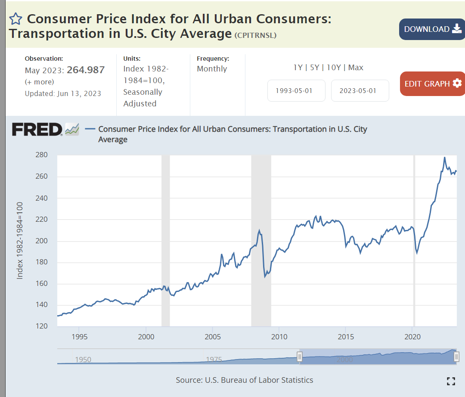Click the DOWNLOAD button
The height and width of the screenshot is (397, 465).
tap(432, 29)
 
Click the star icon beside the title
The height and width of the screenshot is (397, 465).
tap(15, 19)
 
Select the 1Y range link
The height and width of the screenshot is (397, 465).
tap(298, 68)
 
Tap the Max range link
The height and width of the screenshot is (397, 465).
tap(356, 68)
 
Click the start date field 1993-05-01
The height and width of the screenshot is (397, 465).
tap(296, 91)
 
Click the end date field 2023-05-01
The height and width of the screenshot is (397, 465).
tap(360, 91)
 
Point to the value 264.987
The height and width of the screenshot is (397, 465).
tap(86, 70)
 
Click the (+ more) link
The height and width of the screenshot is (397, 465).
tap(40, 82)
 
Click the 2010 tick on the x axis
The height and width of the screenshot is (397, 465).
tap(279, 336)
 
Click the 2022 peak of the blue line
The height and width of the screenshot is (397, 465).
tap(444, 157)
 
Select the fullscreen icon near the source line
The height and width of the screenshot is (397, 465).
tap(451, 381)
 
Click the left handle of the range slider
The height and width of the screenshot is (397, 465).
tap(300, 357)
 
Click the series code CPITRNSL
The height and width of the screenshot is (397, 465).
tap(255, 35)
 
